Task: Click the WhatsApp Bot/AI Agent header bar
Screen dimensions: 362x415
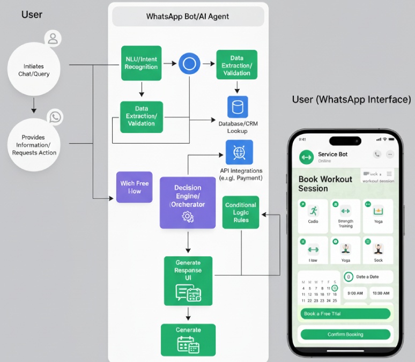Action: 188,16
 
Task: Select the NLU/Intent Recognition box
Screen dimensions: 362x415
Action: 141,63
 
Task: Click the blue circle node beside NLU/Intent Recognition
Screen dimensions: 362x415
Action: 189,64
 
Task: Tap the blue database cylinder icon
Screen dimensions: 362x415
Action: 238,107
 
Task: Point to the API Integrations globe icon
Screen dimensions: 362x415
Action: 239,152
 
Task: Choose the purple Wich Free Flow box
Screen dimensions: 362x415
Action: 135,187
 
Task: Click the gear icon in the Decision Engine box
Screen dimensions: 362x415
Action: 188,217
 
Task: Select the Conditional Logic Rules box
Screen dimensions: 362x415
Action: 241,212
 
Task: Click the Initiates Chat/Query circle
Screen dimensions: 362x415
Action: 34,70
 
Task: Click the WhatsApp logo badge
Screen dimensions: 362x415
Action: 55,117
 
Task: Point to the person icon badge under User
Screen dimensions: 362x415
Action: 53,39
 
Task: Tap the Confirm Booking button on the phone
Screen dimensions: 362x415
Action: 345,334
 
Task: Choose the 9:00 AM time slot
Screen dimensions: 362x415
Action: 354,293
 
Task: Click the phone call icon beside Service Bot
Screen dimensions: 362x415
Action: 377,154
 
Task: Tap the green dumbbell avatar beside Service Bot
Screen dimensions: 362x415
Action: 307,157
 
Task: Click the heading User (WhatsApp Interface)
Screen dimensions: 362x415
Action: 351,100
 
